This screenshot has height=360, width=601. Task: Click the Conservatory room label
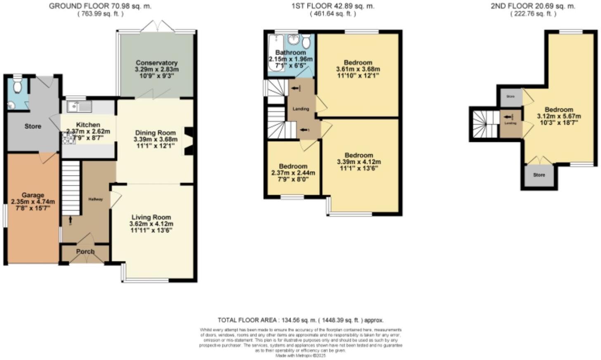point(156,63)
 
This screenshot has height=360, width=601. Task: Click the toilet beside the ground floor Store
point(17,85)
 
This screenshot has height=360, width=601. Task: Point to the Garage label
point(33,195)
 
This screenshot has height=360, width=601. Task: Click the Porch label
point(85,251)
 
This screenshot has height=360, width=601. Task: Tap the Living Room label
point(151,217)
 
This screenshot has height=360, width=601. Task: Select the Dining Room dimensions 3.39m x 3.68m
point(155,140)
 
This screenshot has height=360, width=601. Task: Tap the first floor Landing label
point(300,109)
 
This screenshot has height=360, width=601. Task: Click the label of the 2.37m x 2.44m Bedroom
point(293,166)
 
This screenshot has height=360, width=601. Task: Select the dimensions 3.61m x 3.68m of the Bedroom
point(358,69)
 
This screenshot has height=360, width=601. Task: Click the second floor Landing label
point(511,123)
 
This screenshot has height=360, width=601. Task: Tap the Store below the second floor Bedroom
point(539,175)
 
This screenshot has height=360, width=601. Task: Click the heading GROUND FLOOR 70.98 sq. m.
point(100,6)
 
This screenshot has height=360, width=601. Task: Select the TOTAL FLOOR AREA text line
point(300,320)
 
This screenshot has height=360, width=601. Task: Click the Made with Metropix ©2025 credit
point(300,355)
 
